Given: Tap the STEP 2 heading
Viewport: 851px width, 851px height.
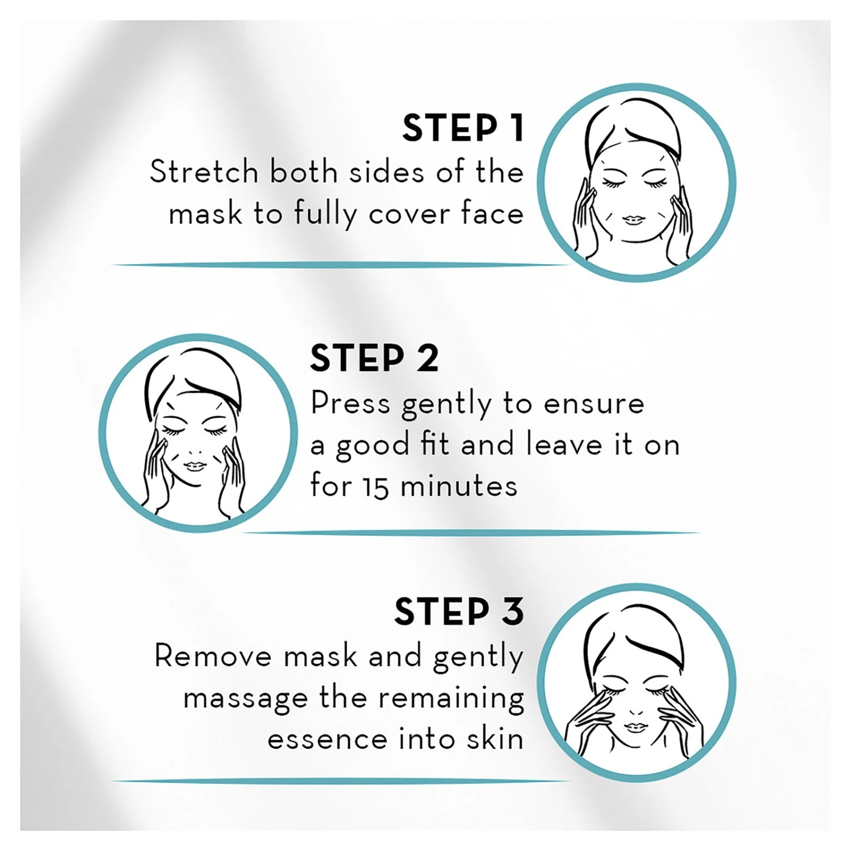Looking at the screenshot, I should pos(374,359).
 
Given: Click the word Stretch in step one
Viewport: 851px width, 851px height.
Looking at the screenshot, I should pos(204,171).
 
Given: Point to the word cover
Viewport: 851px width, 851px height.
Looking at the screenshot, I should pos(410,214).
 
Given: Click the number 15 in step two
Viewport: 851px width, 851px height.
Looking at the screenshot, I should pos(376,487).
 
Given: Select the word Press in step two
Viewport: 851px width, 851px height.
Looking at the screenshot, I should pos(350,404).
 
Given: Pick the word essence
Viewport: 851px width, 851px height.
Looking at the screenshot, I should pos(327,739).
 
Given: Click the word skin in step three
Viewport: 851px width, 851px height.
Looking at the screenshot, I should pos(495,739).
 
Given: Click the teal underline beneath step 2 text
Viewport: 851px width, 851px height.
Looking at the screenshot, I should pos(471,533).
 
